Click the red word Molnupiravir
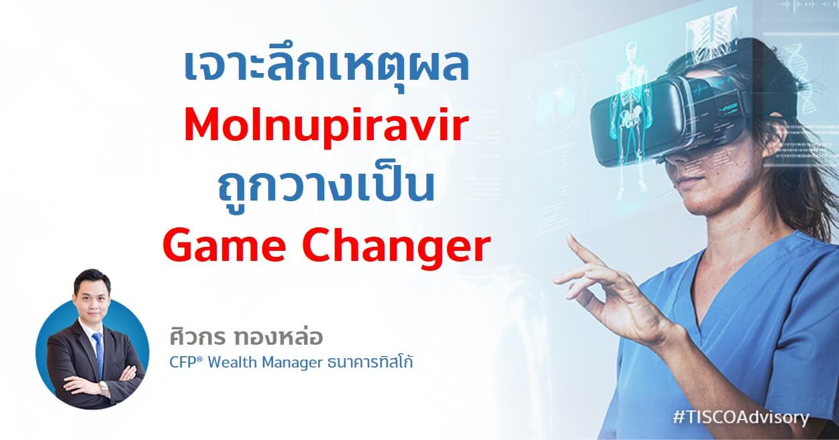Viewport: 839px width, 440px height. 326,127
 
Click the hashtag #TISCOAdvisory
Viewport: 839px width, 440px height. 740,417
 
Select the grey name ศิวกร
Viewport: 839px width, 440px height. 197,337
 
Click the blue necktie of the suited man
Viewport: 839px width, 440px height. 98,355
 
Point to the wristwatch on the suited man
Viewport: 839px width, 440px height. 104,388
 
